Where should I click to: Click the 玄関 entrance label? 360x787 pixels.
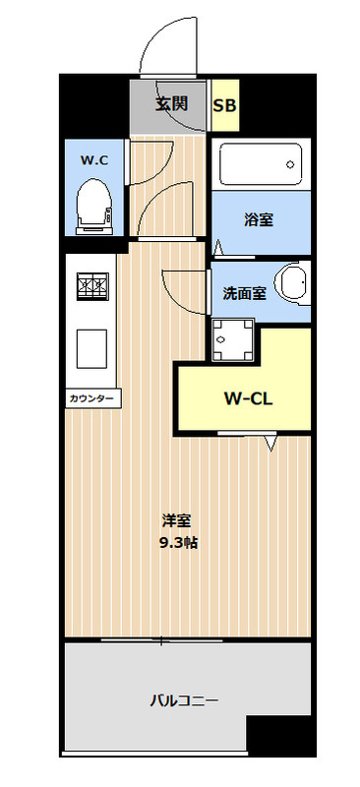(171, 104)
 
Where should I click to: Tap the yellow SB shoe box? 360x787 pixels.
(224, 105)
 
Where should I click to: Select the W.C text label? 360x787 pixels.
(93, 160)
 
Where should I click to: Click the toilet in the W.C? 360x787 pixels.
(93, 207)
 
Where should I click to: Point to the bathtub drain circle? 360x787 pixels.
(290, 164)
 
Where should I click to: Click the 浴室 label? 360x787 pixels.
(259, 219)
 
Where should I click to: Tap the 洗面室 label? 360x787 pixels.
(244, 293)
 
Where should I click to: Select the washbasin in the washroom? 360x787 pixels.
(295, 282)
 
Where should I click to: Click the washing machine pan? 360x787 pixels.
(232, 339)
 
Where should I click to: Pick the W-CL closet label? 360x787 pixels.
(248, 398)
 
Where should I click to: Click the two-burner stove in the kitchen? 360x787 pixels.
(92, 286)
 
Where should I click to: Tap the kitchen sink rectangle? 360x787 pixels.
(91, 349)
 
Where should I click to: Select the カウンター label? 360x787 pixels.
(92, 399)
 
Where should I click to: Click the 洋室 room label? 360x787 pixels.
(176, 521)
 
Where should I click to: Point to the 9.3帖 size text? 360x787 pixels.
(178, 543)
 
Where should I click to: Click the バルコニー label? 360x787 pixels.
(184, 700)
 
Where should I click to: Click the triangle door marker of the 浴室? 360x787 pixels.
(219, 248)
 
